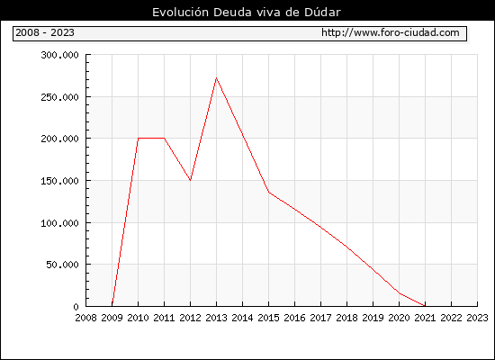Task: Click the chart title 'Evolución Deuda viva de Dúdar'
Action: tap(247, 13)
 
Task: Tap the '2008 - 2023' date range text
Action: tap(45, 32)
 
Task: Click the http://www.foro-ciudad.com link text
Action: tap(391, 32)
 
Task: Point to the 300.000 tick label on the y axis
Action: tap(59, 55)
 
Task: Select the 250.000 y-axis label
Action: tap(59, 97)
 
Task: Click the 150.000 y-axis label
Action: tap(59, 181)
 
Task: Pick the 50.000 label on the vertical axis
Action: tap(62, 265)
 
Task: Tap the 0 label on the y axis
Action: tap(76, 307)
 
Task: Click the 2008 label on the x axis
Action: tap(85, 318)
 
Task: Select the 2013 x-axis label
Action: tap(216, 318)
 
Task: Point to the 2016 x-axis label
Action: tap(294, 318)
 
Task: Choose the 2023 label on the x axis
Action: tap(477, 318)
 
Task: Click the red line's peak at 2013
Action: tap(216, 77)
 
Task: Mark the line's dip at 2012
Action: tap(191, 180)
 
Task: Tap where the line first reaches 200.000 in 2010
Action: tap(139, 139)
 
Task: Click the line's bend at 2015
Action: tap(269, 192)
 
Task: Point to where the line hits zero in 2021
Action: tap(425, 306)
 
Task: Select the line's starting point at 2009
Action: tap(112, 304)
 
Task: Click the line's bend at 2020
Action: tap(400, 293)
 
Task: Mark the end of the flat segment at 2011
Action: tap(164, 139)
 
